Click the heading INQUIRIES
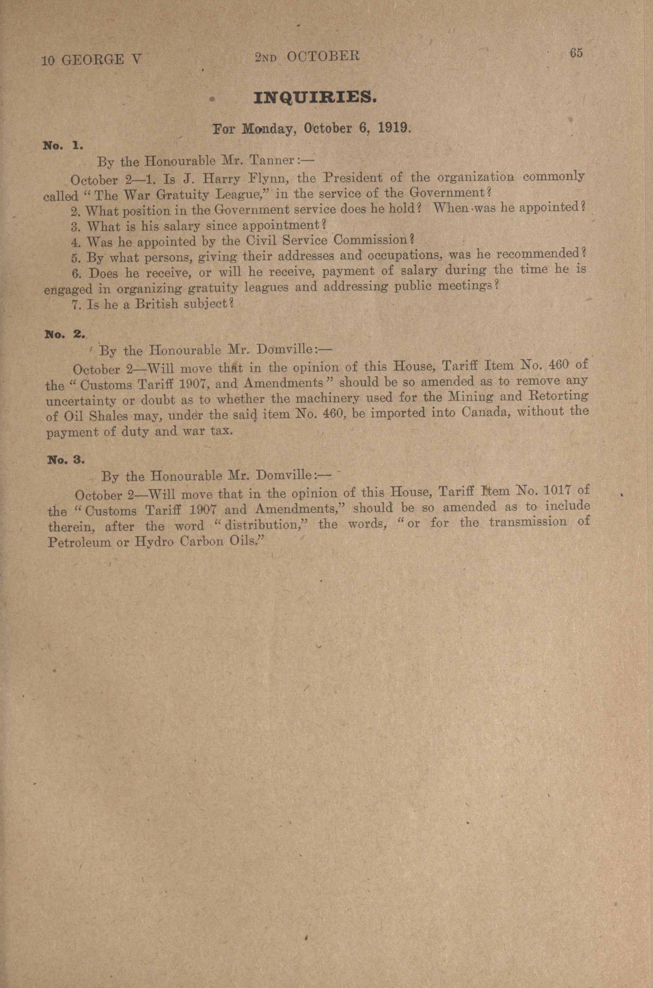(x=315, y=98)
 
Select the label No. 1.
(x=63, y=146)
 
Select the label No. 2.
(x=65, y=334)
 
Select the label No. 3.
(x=66, y=460)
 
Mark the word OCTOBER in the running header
(x=323, y=56)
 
